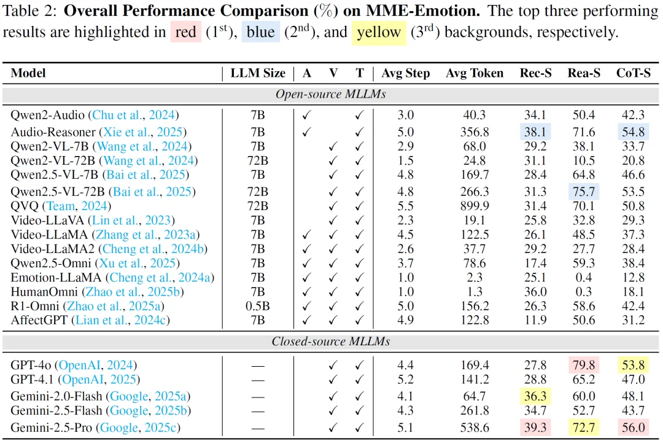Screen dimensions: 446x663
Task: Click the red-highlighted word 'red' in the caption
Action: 186,32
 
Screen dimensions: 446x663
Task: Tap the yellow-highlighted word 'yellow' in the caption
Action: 378,32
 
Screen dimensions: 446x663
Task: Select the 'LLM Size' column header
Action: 258,73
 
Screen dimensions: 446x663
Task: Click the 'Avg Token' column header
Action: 475,73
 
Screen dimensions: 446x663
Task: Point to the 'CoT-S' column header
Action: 634,73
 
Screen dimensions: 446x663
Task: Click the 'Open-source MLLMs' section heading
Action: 330,94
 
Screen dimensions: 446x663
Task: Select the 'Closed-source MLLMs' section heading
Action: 330,342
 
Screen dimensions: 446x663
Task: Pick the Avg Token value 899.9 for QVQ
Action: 475,206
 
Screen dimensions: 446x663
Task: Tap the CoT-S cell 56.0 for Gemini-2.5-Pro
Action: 634,428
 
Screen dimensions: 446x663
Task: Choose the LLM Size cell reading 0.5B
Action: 258,306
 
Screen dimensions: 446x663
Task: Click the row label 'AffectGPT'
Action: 41,320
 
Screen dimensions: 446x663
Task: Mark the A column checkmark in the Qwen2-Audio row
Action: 307,115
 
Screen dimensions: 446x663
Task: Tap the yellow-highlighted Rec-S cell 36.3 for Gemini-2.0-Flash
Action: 536,396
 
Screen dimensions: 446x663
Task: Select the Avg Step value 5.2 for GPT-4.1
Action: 406,380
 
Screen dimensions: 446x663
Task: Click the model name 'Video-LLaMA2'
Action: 47,249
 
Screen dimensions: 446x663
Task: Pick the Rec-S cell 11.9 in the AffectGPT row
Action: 536,320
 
